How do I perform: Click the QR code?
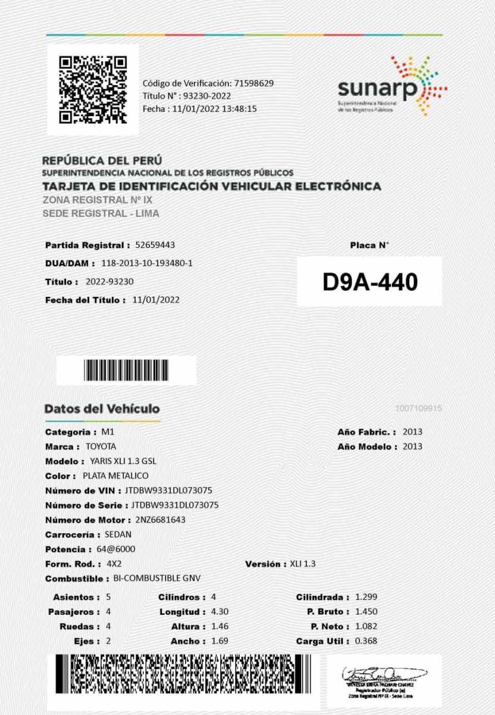pos(93,89)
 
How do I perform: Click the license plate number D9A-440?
pos(369,282)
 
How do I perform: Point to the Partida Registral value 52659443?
pos(155,245)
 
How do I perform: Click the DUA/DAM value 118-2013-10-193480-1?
pos(147,263)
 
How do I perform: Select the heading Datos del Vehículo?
pos(102,409)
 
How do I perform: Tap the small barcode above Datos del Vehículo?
pos(126,371)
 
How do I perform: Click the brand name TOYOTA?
pos(101,446)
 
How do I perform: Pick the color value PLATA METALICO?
pos(115,475)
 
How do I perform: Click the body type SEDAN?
pos(117,534)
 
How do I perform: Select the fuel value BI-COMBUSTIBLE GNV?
pos(157,579)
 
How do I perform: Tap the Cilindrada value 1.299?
pos(366,596)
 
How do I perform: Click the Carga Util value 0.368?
pos(366,641)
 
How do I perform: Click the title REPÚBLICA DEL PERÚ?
pos(102,161)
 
